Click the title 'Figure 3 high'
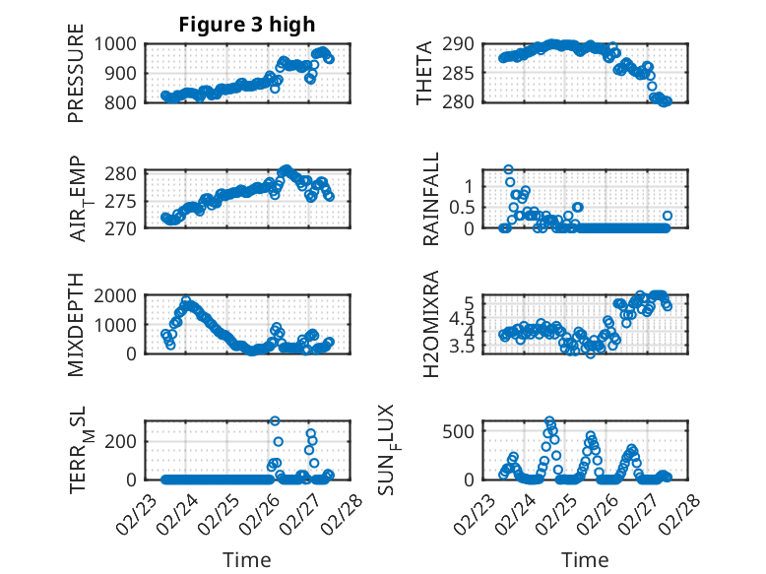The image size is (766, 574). click(x=247, y=25)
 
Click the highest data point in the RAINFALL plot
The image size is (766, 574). click(x=508, y=169)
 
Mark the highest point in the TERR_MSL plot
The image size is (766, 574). click(x=275, y=421)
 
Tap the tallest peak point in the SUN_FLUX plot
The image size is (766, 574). click(x=549, y=420)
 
